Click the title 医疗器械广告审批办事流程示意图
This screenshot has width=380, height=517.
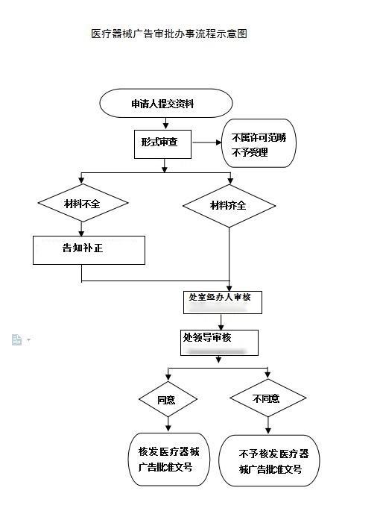pyautogui.click(x=168, y=34)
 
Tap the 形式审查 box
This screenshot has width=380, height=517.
pyautogui.click(x=162, y=143)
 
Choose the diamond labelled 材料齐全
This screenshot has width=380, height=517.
pyautogui.click(x=229, y=206)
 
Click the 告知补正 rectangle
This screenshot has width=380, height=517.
pyautogui.click(x=89, y=249)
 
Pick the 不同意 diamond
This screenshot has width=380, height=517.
pyautogui.click(x=265, y=399)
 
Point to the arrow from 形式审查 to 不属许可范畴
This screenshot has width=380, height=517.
pyautogui.click(x=206, y=142)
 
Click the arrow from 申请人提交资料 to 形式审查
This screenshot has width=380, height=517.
pyautogui.click(x=165, y=123)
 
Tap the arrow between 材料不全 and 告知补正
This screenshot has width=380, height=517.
pyautogui.click(x=82, y=229)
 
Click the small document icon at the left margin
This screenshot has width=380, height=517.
pyautogui.click(x=17, y=339)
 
